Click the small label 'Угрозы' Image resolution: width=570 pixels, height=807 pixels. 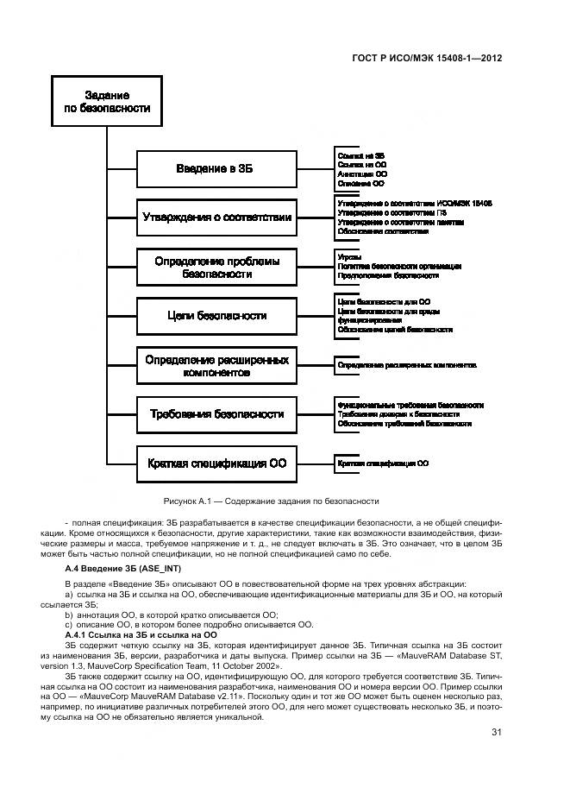[x=349, y=257]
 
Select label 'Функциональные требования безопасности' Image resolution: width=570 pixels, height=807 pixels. [x=410, y=404]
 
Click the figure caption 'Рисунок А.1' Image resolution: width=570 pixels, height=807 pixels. [x=271, y=501]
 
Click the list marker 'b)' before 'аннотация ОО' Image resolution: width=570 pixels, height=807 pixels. [x=69, y=615]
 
